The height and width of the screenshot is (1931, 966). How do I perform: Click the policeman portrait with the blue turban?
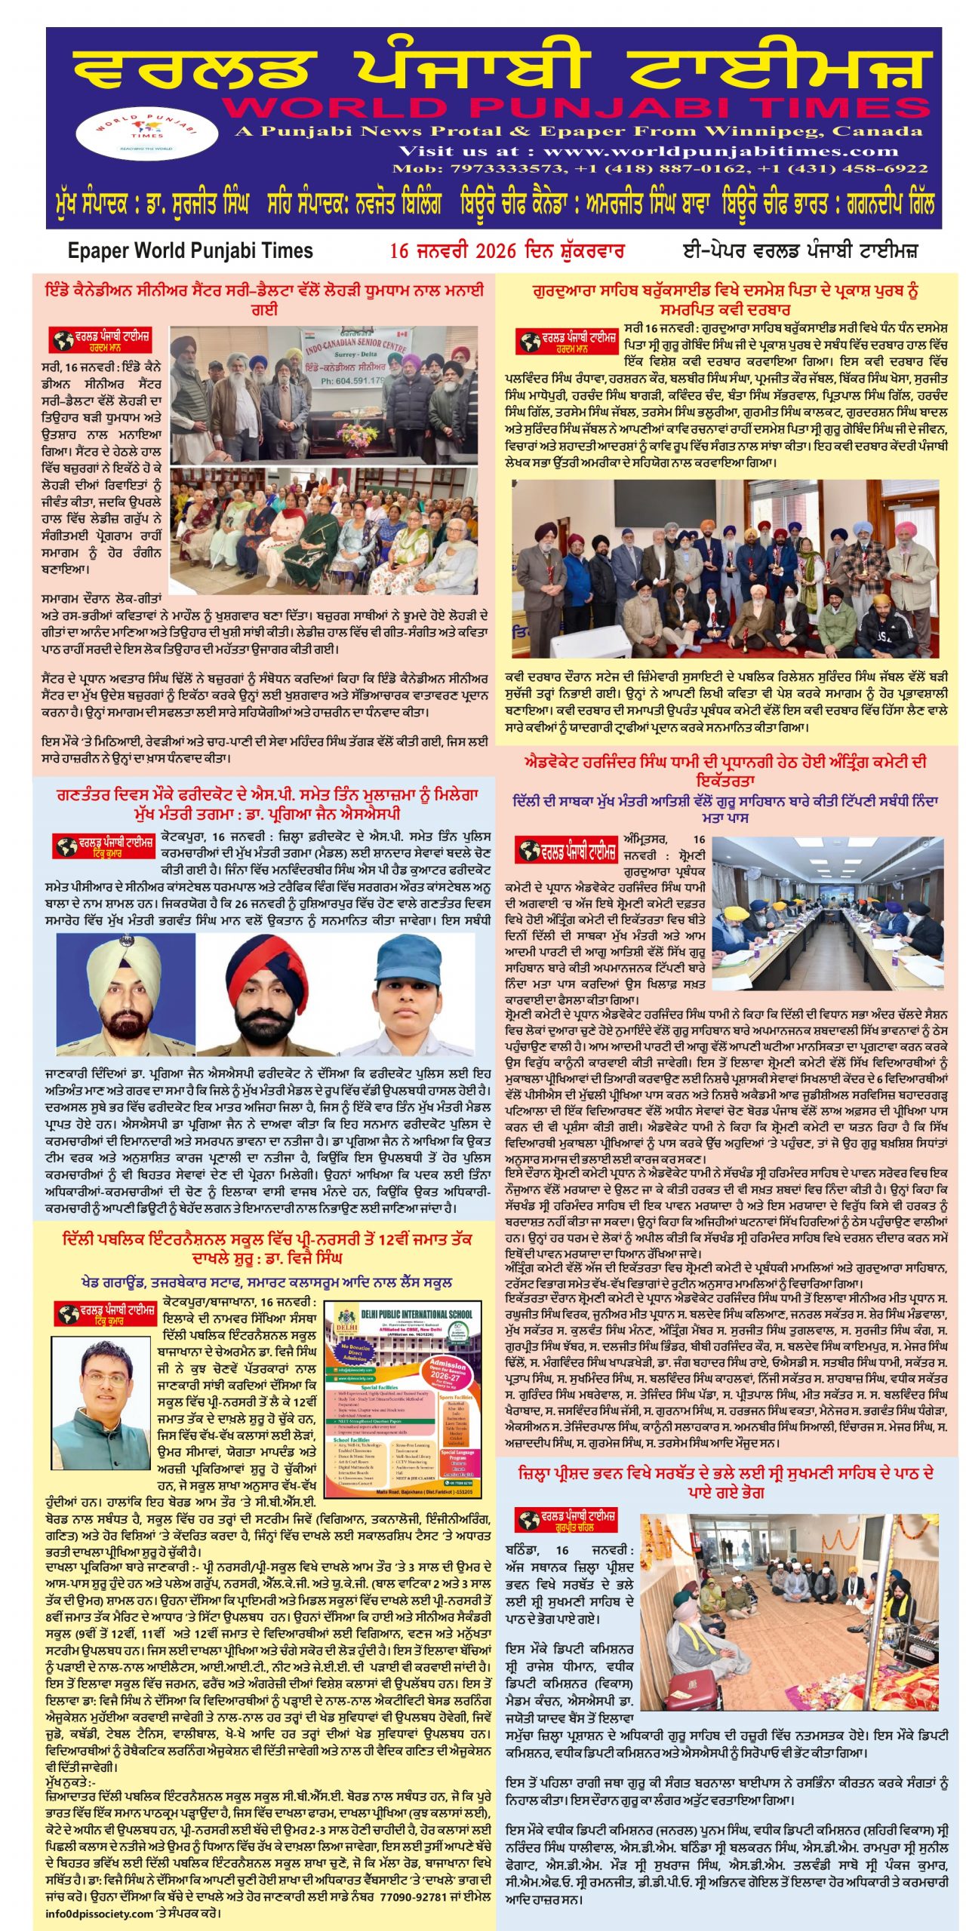(x=125, y=993)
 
